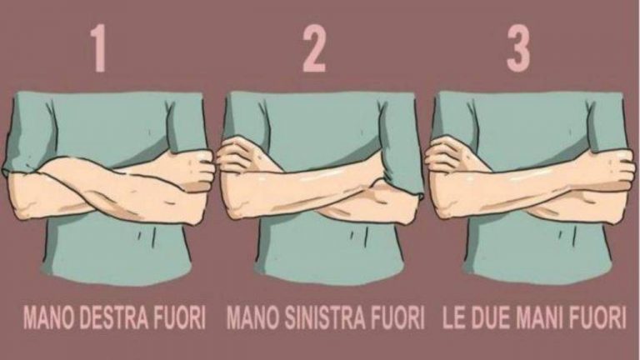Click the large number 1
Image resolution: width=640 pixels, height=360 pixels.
coord(99,48)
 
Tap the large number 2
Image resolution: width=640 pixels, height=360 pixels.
coord(314,48)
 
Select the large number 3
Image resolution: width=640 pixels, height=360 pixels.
coord(518,48)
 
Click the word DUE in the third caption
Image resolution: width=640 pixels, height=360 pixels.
coord(489,317)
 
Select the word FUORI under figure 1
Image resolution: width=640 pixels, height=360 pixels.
coord(180,317)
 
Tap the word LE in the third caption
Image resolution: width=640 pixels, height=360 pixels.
coord(454,317)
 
